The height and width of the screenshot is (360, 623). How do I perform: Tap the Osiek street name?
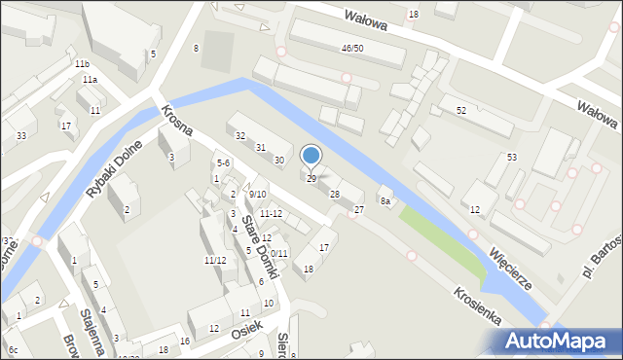[x=248, y=330]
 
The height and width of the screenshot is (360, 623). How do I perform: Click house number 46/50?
[x=352, y=48]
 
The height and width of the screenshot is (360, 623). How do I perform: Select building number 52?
[x=461, y=111]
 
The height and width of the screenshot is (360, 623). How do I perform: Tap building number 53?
[x=511, y=157]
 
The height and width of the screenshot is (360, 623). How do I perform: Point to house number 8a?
[x=385, y=201]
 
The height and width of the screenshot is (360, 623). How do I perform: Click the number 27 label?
[x=359, y=210]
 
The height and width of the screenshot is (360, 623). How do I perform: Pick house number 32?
[x=239, y=136]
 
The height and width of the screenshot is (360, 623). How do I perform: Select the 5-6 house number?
[x=223, y=162]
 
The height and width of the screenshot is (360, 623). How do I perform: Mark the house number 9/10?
[x=257, y=194]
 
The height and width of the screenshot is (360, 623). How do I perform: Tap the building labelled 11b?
[x=82, y=63]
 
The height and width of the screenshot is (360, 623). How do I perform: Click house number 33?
[x=20, y=135]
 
